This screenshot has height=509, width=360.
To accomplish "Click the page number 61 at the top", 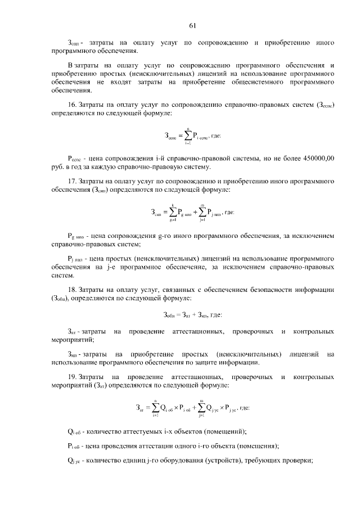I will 192,25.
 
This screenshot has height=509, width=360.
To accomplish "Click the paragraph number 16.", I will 71,105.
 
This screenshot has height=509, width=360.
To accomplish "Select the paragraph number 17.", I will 71,182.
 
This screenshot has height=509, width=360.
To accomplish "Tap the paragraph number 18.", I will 71,289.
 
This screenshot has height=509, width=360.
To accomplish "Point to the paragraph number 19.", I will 71,376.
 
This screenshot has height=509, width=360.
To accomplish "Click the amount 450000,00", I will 318,159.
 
